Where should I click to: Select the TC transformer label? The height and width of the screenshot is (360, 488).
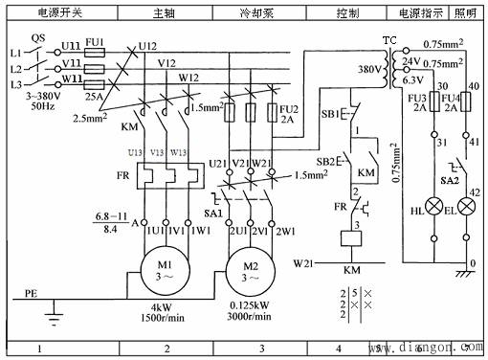(388, 41)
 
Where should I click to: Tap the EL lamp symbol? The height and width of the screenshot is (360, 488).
(467, 204)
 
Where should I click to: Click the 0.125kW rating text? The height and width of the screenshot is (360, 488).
(251, 305)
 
